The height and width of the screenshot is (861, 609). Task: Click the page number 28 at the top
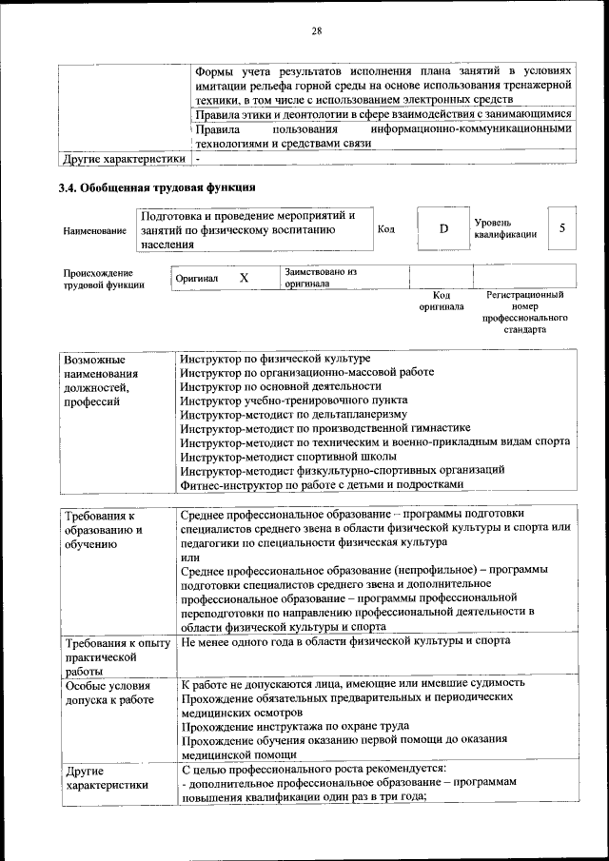pos(317,31)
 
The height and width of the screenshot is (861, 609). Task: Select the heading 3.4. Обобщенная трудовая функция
pos(157,187)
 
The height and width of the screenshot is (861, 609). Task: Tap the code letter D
pos(442,229)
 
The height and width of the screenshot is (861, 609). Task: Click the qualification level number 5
pos(562,228)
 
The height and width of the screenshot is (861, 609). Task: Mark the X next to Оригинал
pos(244,278)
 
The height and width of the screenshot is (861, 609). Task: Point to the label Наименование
pos(94,230)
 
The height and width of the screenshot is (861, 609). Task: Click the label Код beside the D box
pos(386,229)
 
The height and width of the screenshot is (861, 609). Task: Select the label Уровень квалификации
pos(504,228)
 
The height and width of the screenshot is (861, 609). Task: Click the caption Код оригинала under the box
pos(442,302)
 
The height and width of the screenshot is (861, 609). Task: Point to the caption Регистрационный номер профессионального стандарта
pos(524,313)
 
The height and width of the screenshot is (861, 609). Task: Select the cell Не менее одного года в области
pos(344,641)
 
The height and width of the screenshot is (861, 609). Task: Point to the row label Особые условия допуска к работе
pos(108,692)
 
